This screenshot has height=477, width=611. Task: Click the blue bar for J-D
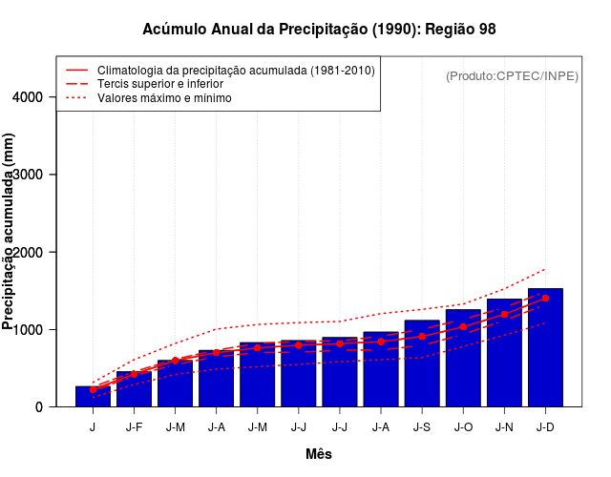[x=545, y=348]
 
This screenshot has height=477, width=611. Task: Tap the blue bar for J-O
[x=463, y=359]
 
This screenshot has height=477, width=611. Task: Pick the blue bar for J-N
[x=504, y=354]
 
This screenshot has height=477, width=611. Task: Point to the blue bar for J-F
[x=134, y=389]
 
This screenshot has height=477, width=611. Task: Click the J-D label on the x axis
[x=545, y=426]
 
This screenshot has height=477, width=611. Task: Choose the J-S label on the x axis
[x=422, y=426]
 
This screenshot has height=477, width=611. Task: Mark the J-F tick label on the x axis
[x=134, y=426]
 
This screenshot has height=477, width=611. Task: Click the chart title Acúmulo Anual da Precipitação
[x=319, y=30]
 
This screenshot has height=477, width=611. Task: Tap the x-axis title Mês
[x=319, y=454]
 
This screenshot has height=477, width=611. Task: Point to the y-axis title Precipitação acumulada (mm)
[x=10, y=232]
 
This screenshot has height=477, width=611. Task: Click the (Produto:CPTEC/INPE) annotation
[x=512, y=75]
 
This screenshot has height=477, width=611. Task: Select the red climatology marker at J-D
[x=545, y=298]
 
